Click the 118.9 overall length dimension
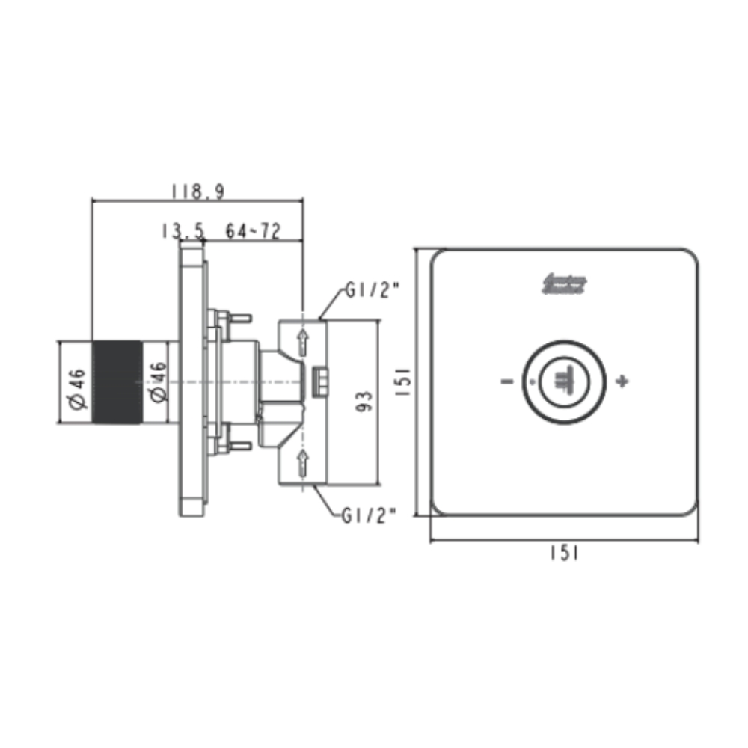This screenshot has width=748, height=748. pos(197,192)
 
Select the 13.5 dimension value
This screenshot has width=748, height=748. pos(182,232)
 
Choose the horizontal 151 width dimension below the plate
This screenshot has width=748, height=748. pos(565,553)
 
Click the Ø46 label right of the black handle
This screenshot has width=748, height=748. pos(158,384)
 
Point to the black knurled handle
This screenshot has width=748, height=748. pos(116,382)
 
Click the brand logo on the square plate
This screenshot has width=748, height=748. pos(565,284)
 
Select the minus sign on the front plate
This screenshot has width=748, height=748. pos(506,382)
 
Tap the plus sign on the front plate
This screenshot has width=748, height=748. pos(622,382)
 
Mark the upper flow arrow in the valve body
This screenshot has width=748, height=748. pos(302,342)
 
